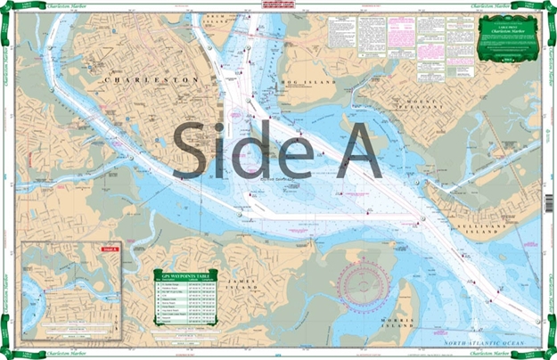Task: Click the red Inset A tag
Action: (x=111, y=249)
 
